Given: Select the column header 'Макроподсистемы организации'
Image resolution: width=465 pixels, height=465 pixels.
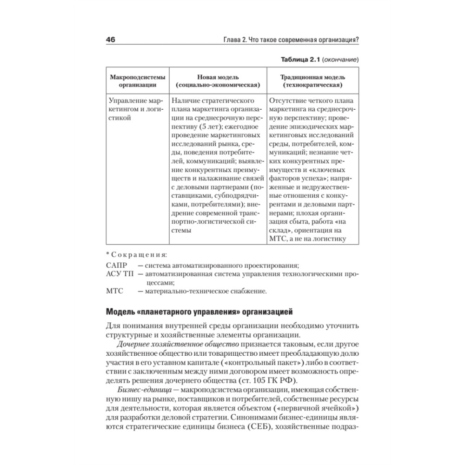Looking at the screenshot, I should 134,81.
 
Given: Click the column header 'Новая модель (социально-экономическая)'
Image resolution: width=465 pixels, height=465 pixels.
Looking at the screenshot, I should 218,81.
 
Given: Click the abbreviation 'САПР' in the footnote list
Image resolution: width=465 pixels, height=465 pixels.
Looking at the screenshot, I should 116,265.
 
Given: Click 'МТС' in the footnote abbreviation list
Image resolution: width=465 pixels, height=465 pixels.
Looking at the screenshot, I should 115,292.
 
